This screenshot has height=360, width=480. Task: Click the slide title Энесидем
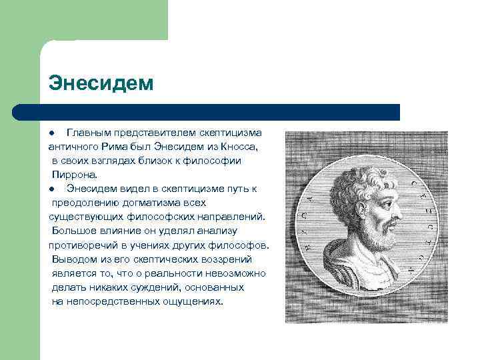(x=101, y=83)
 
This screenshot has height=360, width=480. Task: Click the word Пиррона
(x=75, y=175)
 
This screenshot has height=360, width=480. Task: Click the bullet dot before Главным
(x=51, y=133)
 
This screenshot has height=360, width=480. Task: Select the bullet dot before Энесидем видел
(x=51, y=189)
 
